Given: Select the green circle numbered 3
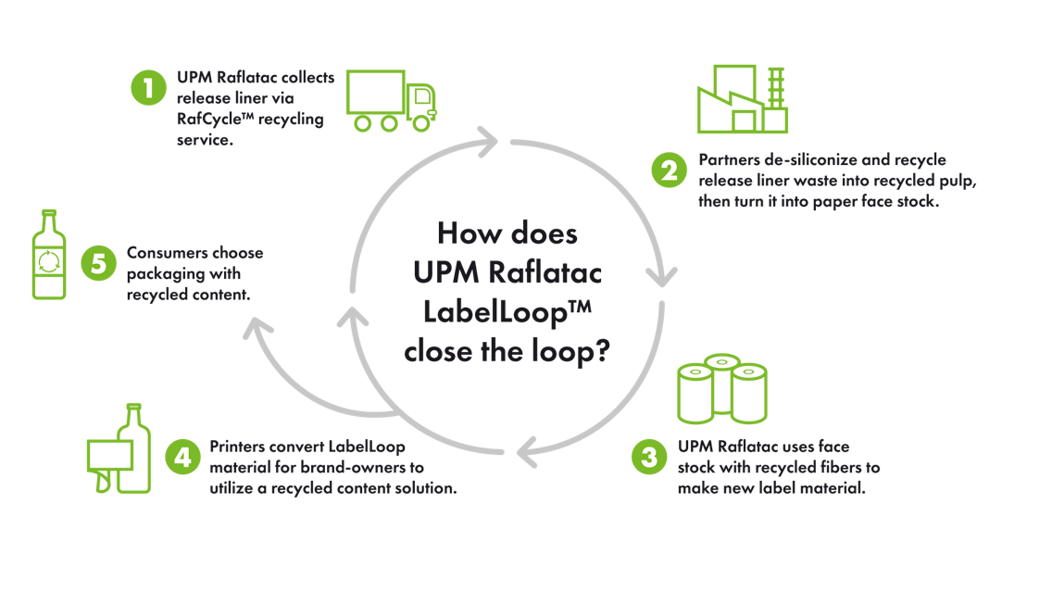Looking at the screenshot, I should point(647,457).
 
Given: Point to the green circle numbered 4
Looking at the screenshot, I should point(181,457).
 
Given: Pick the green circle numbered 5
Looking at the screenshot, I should point(95,262).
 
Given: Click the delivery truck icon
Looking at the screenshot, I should point(391,99).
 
